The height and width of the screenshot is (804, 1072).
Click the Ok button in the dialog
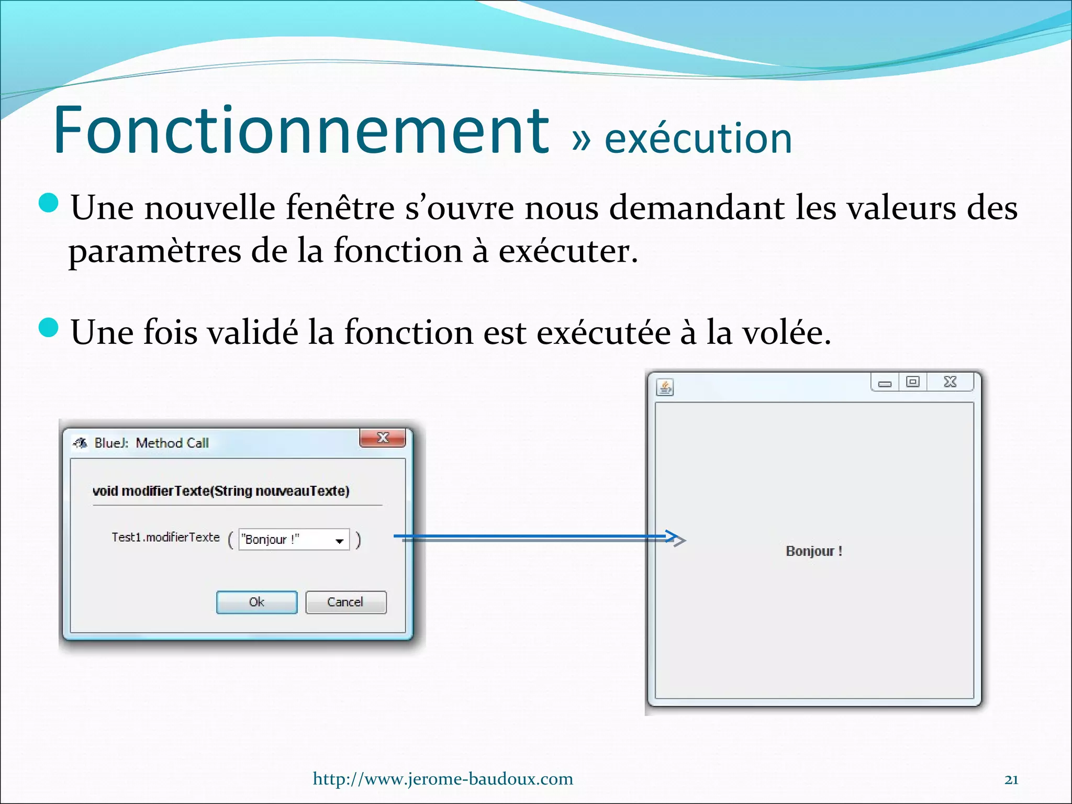256,602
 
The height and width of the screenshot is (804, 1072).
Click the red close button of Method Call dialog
383,438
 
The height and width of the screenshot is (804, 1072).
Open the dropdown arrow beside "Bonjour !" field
339,541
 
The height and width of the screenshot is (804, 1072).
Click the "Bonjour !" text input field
285,540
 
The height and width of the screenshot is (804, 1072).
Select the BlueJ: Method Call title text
151,443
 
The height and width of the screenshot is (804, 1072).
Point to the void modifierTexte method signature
220,491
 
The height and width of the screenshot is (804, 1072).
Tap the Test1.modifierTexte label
165,537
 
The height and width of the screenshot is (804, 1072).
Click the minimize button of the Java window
885,383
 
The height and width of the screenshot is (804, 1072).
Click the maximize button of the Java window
912,382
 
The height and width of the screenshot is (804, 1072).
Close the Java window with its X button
950,382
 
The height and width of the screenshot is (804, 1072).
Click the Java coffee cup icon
665,388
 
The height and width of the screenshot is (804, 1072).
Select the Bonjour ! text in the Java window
814,551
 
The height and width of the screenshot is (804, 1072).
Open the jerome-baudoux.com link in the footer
443,779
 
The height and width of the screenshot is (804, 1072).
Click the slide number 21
1011,779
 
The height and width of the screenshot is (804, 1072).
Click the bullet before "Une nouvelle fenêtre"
49,203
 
